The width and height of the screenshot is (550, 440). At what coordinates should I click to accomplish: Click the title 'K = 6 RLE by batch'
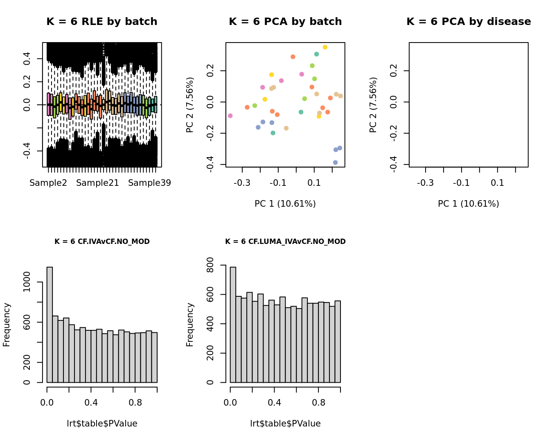click(101, 22)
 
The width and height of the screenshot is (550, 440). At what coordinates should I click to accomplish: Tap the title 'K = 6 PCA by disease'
click(469, 22)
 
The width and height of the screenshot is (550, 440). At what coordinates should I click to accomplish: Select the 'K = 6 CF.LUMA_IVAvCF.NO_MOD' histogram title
click(285, 241)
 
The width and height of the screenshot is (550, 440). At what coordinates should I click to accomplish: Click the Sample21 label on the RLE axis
click(97, 183)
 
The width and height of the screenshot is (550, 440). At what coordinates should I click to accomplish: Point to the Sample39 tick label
click(149, 183)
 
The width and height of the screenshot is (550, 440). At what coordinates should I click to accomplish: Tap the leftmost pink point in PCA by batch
click(230, 116)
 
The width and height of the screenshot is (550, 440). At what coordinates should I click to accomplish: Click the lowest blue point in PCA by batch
click(335, 162)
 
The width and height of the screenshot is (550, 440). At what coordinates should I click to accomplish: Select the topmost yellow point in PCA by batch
click(325, 47)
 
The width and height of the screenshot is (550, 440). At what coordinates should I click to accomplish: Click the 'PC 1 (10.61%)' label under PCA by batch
click(285, 204)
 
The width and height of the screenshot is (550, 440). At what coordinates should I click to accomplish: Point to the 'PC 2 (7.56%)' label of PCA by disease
click(373, 105)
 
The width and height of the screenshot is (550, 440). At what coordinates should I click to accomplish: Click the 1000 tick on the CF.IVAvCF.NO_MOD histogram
click(27, 282)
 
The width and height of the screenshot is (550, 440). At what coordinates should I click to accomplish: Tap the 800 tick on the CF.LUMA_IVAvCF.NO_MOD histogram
click(210, 265)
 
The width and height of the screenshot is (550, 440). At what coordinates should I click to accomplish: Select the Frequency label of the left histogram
click(7, 325)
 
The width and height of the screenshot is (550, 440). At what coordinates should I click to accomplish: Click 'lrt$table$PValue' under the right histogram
click(285, 424)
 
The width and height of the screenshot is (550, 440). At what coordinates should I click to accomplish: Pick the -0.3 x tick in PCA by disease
click(425, 183)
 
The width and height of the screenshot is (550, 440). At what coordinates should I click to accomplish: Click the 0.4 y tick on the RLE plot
click(27, 59)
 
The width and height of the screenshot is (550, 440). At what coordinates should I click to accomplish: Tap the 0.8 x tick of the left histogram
click(135, 403)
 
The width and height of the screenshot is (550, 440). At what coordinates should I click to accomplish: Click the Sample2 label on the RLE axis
click(48, 183)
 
